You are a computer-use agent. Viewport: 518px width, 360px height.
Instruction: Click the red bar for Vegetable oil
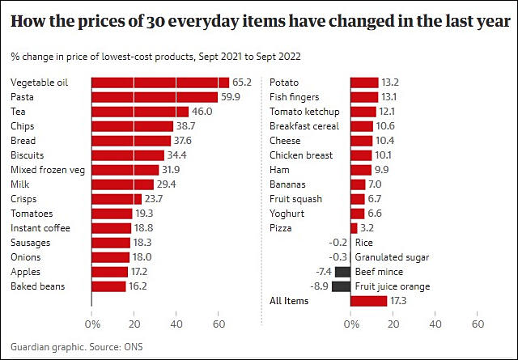pyautogui.click(x=155, y=83)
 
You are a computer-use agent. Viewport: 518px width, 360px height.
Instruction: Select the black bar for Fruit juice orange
pyautogui.click(x=341, y=286)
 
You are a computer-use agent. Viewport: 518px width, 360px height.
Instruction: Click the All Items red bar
pyautogui.click(x=368, y=301)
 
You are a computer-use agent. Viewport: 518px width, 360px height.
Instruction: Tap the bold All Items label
pyautogui.click(x=290, y=301)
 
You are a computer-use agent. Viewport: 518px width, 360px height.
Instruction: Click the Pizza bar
pyautogui.click(x=354, y=228)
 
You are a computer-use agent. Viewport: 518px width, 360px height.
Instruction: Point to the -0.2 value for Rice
pyautogui.click(x=339, y=243)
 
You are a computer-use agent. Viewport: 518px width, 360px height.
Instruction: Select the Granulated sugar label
pyautogui.click(x=392, y=257)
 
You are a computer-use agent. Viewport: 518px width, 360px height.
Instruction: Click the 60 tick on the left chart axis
pyautogui.click(x=219, y=324)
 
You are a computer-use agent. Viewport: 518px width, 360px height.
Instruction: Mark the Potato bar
pyautogui.click(x=364, y=83)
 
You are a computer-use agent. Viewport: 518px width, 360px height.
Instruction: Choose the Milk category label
pyautogui.click(x=19, y=184)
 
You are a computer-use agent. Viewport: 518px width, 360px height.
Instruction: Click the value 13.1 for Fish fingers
pyautogui.click(x=391, y=97)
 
